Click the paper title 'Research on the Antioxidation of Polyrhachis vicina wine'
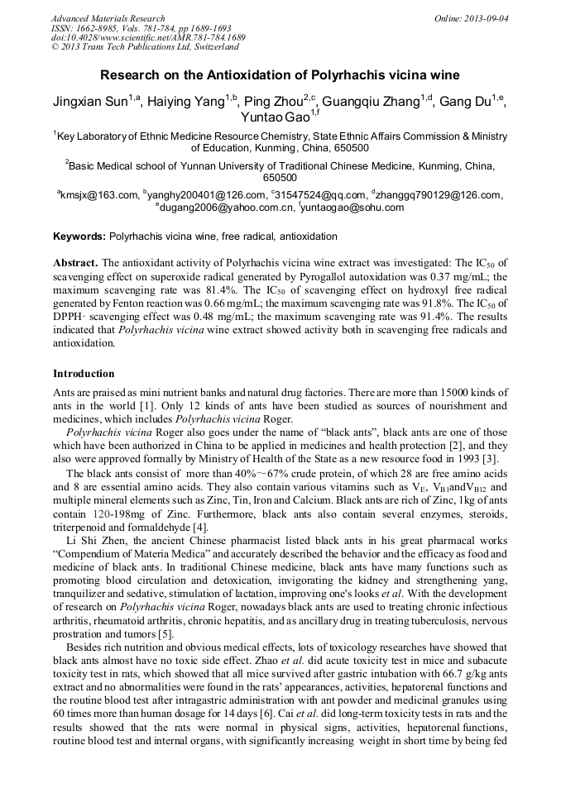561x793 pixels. (280, 74)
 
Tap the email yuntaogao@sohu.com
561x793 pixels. (354, 208)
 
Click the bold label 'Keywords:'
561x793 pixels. (79, 236)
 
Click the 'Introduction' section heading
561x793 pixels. (84, 373)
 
